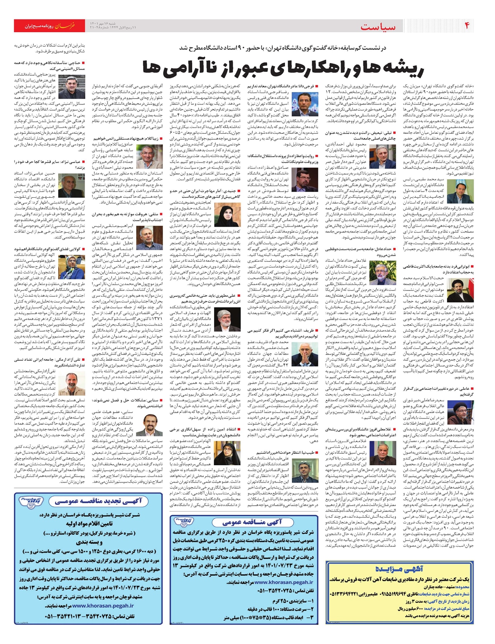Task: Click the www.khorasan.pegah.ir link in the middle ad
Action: [278, 582]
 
